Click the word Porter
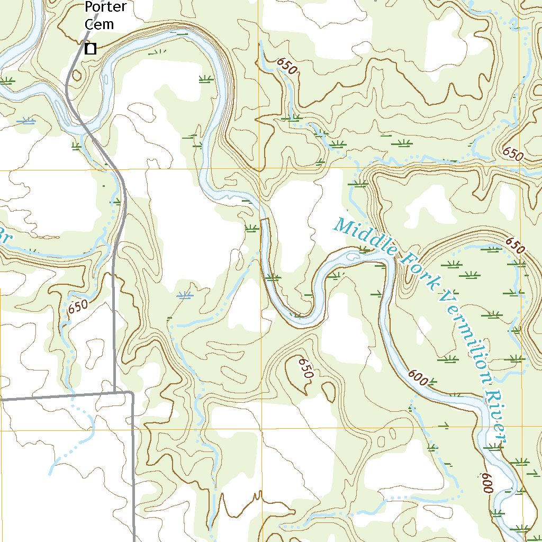click(106, 8)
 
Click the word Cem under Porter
click(100, 24)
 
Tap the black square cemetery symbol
click(91, 49)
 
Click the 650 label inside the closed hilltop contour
click(306, 368)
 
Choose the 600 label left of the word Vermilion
click(418, 377)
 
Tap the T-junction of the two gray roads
click(115, 393)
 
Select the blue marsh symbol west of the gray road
click(25, 122)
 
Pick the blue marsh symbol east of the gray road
click(184, 296)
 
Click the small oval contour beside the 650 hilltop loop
click(328, 391)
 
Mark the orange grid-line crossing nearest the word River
click(522, 428)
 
